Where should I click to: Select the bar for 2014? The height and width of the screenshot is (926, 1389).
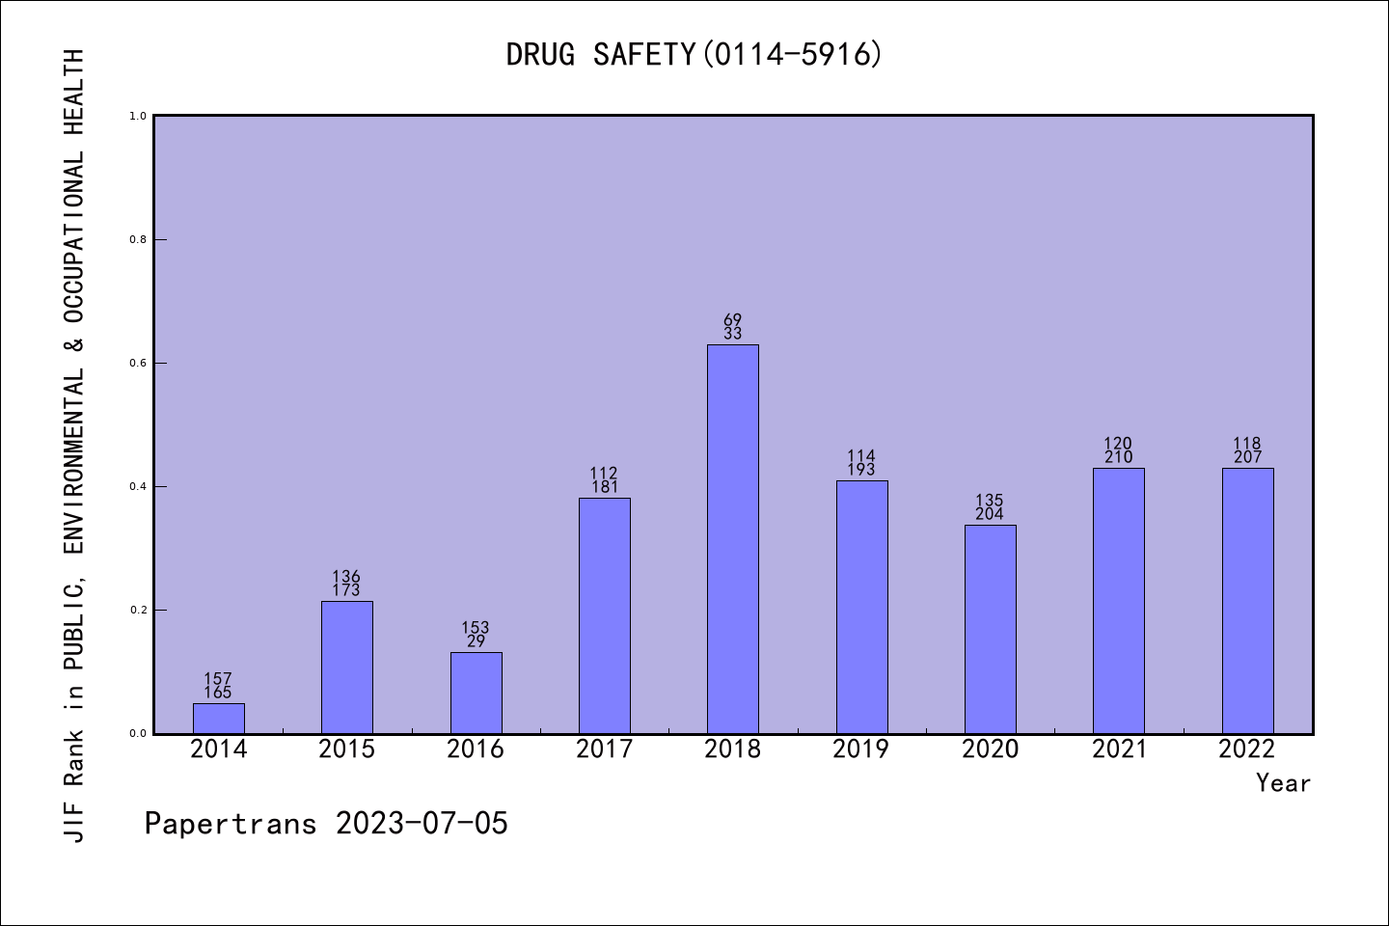[x=218, y=719]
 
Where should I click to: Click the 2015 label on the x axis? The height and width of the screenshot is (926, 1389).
[x=346, y=749]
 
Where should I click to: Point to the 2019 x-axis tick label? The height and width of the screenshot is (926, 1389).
[x=860, y=749]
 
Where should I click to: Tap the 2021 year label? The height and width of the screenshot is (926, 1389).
[x=1118, y=749]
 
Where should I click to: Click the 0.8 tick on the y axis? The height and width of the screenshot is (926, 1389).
[x=138, y=239]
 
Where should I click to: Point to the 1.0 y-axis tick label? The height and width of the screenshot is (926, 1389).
[x=138, y=116]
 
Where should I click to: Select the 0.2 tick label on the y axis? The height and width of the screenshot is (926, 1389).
[x=138, y=610]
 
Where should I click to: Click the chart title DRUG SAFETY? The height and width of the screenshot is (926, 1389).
[x=694, y=54]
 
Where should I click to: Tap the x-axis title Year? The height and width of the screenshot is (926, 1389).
[x=1283, y=783]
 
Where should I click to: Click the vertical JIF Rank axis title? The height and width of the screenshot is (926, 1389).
[x=74, y=444]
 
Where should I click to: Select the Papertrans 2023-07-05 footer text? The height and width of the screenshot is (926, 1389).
[x=326, y=824]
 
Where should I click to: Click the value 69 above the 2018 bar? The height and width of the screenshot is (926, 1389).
[x=732, y=320]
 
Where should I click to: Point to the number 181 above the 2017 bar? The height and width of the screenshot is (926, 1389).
[x=604, y=487]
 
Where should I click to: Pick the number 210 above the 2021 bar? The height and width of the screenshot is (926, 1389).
[x=1118, y=457]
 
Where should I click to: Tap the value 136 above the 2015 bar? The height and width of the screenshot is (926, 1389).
[x=346, y=577]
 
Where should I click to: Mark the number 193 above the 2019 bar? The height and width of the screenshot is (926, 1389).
[x=860, y=470]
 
